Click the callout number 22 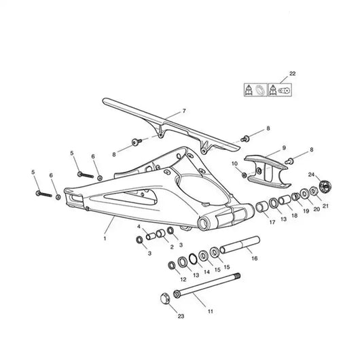[292, 73]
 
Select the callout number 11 [211, 311]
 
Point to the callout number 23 [181, 316]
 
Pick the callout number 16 [254, 258]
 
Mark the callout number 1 [105, 238]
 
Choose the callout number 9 [284, 147]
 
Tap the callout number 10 [235, 164]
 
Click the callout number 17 [272, 221]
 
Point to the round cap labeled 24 [323, 183]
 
